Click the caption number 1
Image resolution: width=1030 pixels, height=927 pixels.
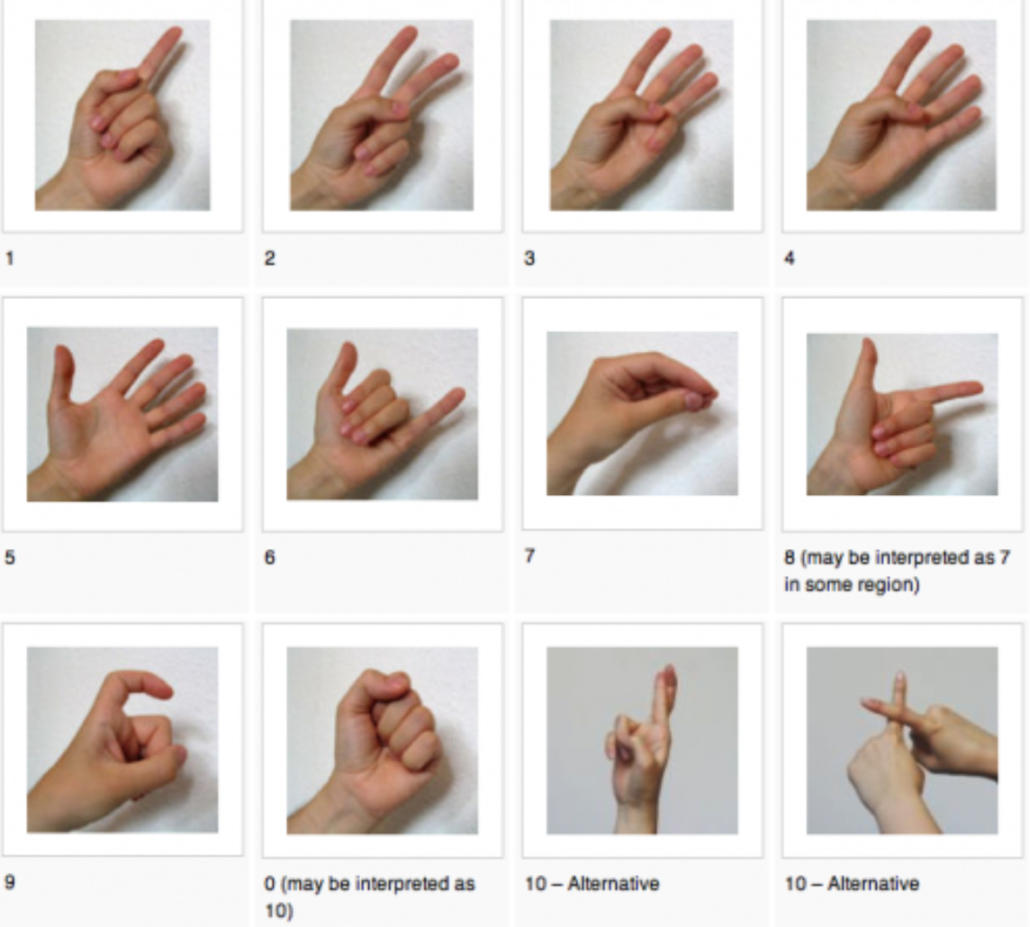tap(10, 258)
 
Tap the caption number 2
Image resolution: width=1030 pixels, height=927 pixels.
tap(269, 258)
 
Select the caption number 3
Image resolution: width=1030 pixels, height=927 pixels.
tap(529, 258)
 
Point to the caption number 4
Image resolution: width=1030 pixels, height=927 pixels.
tap(790, 258)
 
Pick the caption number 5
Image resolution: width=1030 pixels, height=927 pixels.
tap(10, 557)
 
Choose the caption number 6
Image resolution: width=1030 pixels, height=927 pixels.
tap(269, 557)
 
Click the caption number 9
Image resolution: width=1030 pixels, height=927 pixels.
tap(10, 881)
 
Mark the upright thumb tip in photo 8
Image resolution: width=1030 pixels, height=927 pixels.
tap(869, 346)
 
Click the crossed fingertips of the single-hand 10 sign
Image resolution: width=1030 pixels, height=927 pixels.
tap(669, 676)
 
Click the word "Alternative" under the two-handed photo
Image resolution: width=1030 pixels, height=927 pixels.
tap(873, 884)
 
